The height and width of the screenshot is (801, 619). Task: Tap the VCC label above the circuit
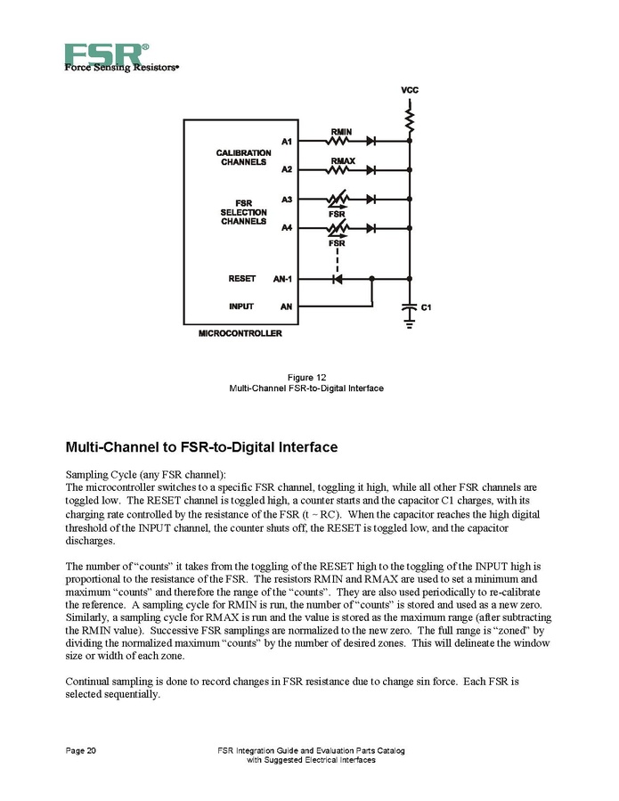(x=409, y=91)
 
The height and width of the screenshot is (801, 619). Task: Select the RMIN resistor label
(x=342, y=132)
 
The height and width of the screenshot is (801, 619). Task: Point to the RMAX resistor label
(x=343, y=161)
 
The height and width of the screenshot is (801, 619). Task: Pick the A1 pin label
(x=286, y=141)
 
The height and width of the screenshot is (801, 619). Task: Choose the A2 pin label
(x=286, y=169)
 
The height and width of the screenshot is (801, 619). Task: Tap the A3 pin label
(x=286, y=200)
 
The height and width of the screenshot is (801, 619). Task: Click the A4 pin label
(x=286, y=229)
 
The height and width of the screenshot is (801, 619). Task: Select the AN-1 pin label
(x=284, y=279)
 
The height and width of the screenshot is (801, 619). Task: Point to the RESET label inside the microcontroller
(x=242, y=279)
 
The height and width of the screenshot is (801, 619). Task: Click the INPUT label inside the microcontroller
(x=240, y=307)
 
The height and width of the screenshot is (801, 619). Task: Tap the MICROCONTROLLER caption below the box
(x=240, y=334)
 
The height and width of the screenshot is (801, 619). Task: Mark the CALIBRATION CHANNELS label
(x=243, y=158)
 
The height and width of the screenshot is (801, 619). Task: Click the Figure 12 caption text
(x=306, y=378)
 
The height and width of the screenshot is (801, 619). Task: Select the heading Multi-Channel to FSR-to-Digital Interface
(x=201, y=446)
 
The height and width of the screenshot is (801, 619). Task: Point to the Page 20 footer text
(x=81, y=751)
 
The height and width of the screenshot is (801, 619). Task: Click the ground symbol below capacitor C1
(x=409, y=325)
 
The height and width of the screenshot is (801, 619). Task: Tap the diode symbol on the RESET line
(x=337, y=279)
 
